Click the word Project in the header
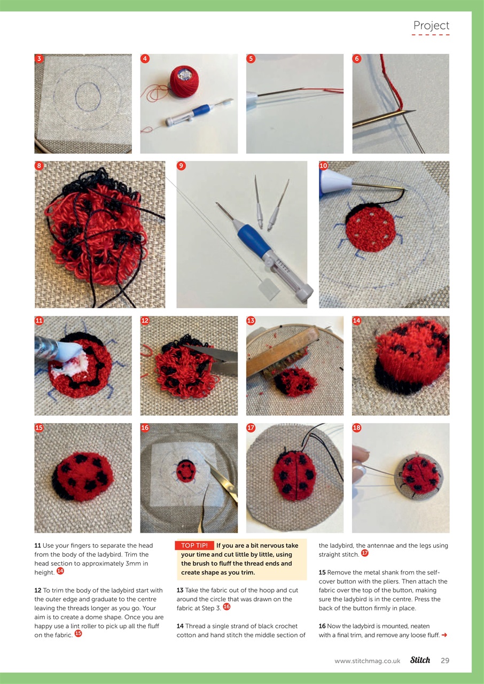[x=431, y=25]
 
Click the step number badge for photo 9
[x=181, y=166]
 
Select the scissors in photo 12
[x=216, y=353]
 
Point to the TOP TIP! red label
[x=194, y=546]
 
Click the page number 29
[x=445, y=660]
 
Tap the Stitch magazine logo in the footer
[x=420, y=660]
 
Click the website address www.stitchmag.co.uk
[x=367, y=661]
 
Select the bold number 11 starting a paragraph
[x=37, y=546]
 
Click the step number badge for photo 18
[x=357, y=428]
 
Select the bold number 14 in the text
[x=180, y=626]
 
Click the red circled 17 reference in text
[x=365, y=553]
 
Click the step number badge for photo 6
[x=357, y=59]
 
